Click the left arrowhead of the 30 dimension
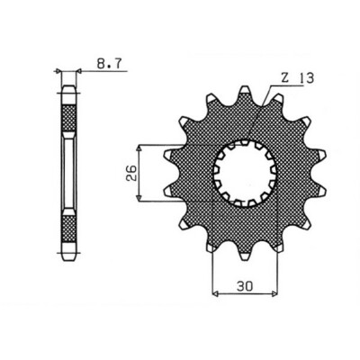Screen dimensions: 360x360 coord(214,292)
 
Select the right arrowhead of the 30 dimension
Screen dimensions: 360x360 coord(271,292)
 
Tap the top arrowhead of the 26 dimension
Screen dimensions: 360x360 coord(139,145)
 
